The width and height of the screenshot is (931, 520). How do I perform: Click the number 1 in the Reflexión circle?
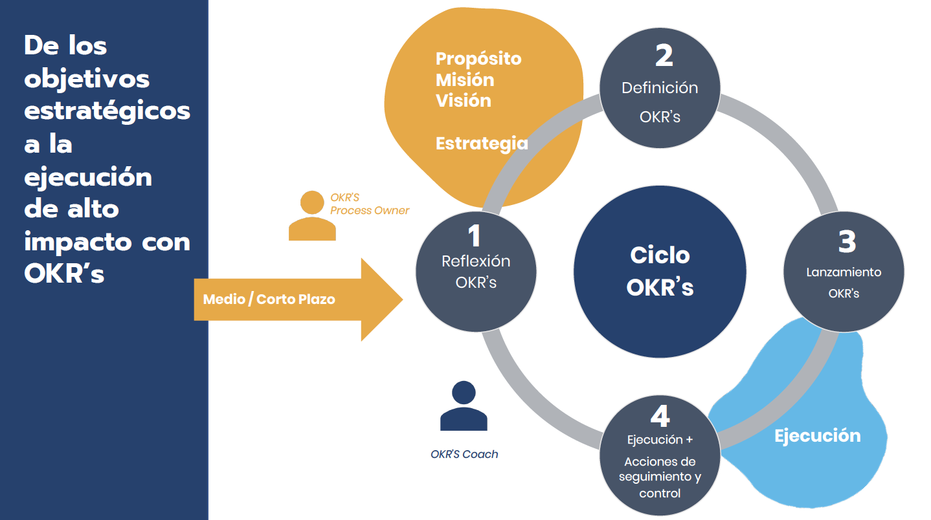click(475, 236)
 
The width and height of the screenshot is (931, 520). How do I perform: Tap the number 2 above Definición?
click(664, 56)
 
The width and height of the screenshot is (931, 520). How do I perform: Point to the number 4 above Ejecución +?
click(660, 417)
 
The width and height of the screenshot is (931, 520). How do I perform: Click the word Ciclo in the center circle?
click(660, 255)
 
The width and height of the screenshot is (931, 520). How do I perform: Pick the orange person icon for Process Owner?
click(312, 216)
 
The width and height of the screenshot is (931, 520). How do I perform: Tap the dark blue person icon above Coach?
click(464, 406)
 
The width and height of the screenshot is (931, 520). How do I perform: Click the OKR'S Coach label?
click(464, 454)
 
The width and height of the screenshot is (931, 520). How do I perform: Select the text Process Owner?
click(370, 210)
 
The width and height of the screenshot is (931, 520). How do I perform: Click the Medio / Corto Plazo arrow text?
click(269, 299)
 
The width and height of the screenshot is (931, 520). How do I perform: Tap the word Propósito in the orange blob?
click(478, 58)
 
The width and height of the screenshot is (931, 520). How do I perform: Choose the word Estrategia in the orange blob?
click(482, 143)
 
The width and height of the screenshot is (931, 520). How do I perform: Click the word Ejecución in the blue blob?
click(817, 435)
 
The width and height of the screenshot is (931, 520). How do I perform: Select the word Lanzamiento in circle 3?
click(844, 272)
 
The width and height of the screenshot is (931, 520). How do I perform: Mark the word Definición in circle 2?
click(660, 88)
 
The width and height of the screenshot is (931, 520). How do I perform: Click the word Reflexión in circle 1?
click(476, 261)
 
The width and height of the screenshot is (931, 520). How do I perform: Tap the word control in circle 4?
click(660, 493)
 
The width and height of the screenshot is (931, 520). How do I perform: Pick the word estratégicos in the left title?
click(107, 111)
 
